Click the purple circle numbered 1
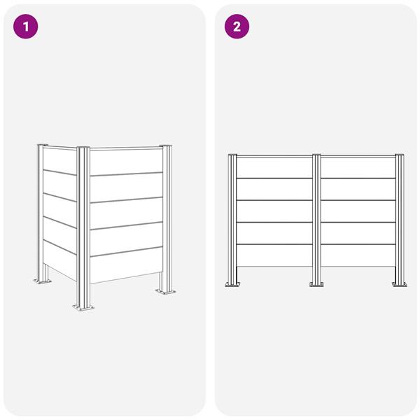coord(26,27)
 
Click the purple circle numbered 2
coord(237,27)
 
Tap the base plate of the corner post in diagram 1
coord(83,307)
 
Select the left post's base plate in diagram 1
coord(42,281)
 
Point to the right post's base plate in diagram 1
coord(165,291)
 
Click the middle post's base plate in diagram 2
coord(316,284)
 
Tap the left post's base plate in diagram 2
coord(232,284)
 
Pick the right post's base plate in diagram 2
coord(400,284)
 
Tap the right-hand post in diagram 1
coord(167,218)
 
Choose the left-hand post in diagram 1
coord(41,212)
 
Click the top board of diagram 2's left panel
coord(274,167)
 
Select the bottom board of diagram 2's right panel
coord(358,255)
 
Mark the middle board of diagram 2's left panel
coord(274,211)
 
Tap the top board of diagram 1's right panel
coord(127,162)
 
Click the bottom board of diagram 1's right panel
coord(127,265)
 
